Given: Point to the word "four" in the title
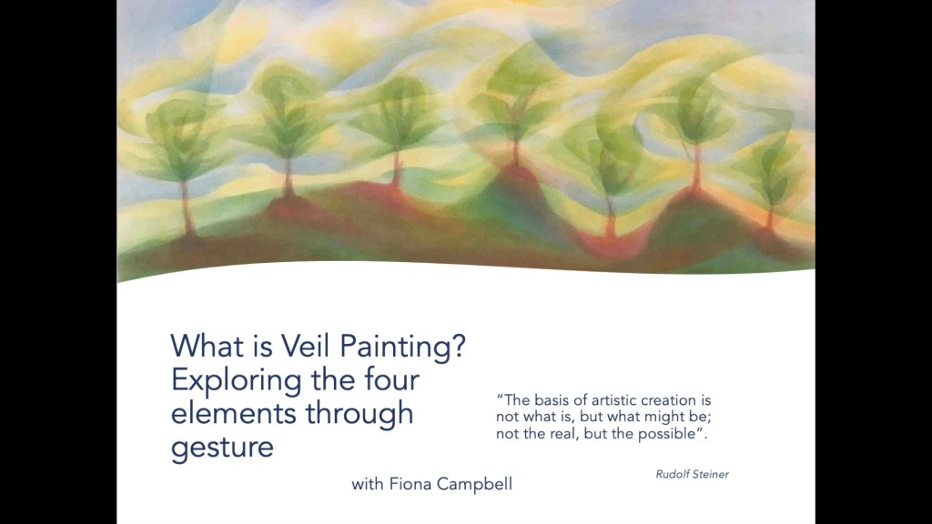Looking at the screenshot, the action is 391,379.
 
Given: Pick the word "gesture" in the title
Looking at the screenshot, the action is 222,448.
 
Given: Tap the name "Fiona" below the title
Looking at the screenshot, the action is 410,484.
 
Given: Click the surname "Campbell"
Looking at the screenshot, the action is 474,484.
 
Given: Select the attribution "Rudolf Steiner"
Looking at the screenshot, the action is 692,474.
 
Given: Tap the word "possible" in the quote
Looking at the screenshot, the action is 666,434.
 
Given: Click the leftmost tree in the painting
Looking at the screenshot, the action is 180,166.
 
